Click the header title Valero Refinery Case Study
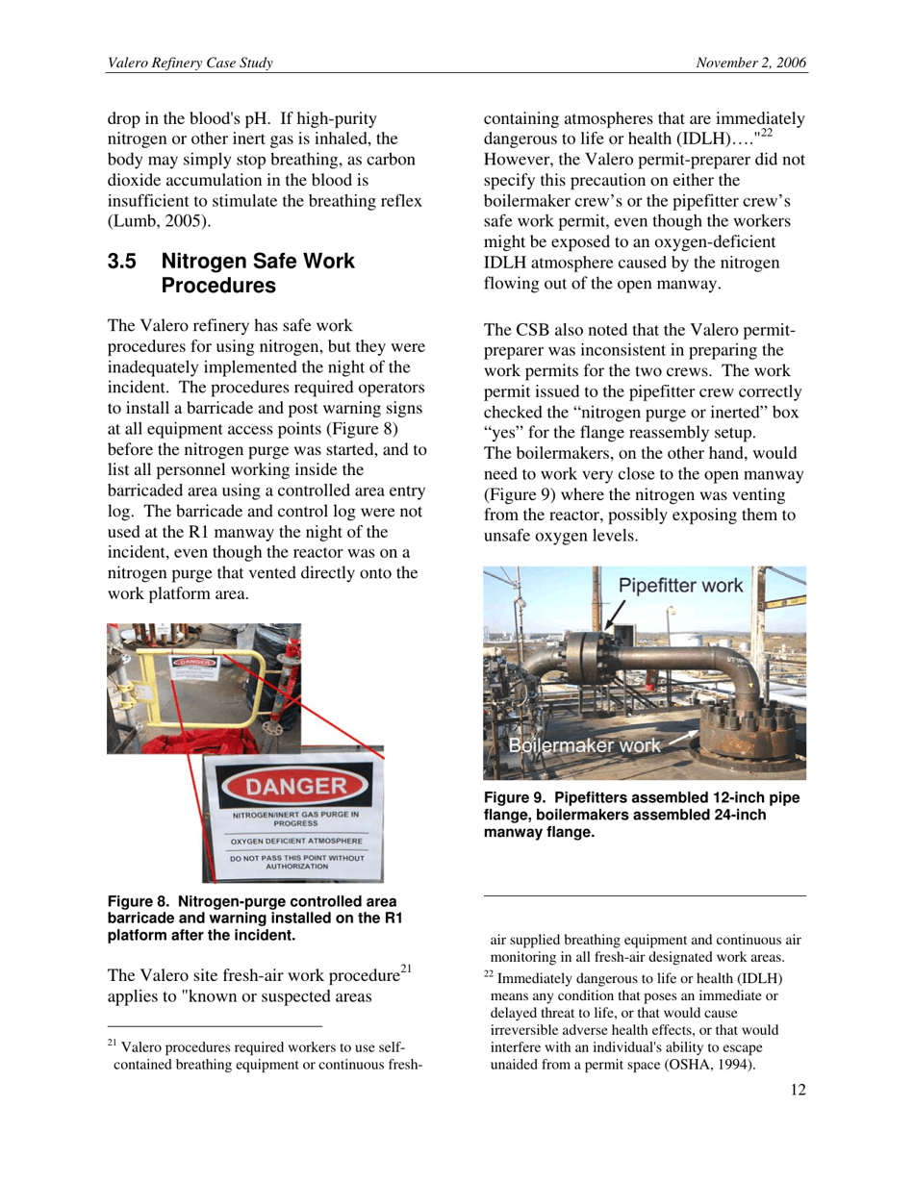(x=190, y=63)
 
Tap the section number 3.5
(x=122, y=262)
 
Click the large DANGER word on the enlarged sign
(x=295, y=787)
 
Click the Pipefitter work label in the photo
(x=679, y=586)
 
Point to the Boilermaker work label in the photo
(x=584, y=745)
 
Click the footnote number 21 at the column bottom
(x=112, y=1044)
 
